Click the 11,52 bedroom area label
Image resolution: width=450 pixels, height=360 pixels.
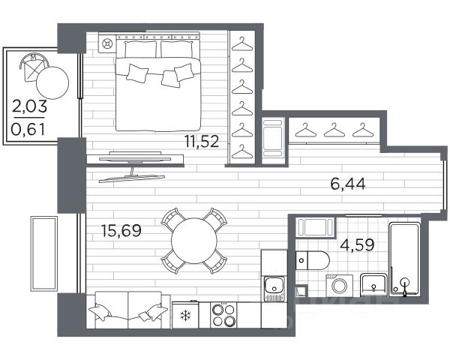202,141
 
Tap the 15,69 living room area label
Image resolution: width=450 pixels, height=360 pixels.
121,230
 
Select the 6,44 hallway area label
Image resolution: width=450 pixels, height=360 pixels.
348,184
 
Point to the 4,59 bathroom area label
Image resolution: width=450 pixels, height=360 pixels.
357,245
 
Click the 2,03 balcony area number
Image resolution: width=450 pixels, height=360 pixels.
29,106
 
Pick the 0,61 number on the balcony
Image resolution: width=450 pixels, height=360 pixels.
28,130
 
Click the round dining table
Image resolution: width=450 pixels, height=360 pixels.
194,241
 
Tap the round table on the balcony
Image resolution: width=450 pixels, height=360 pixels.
52,83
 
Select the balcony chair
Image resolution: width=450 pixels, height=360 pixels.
33,67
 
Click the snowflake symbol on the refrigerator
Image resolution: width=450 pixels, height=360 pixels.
185,316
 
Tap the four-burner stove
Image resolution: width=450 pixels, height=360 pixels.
223,315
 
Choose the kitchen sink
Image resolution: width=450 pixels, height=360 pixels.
274,288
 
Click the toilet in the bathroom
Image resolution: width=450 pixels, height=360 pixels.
313,260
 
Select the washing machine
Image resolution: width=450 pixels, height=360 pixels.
340,285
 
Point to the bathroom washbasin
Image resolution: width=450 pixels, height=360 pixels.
373,285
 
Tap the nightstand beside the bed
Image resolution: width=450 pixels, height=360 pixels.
106,43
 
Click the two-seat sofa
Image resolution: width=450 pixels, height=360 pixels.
128,310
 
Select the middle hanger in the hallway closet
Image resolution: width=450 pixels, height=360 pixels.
334,130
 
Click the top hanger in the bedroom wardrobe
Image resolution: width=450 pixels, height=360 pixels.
242,43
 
